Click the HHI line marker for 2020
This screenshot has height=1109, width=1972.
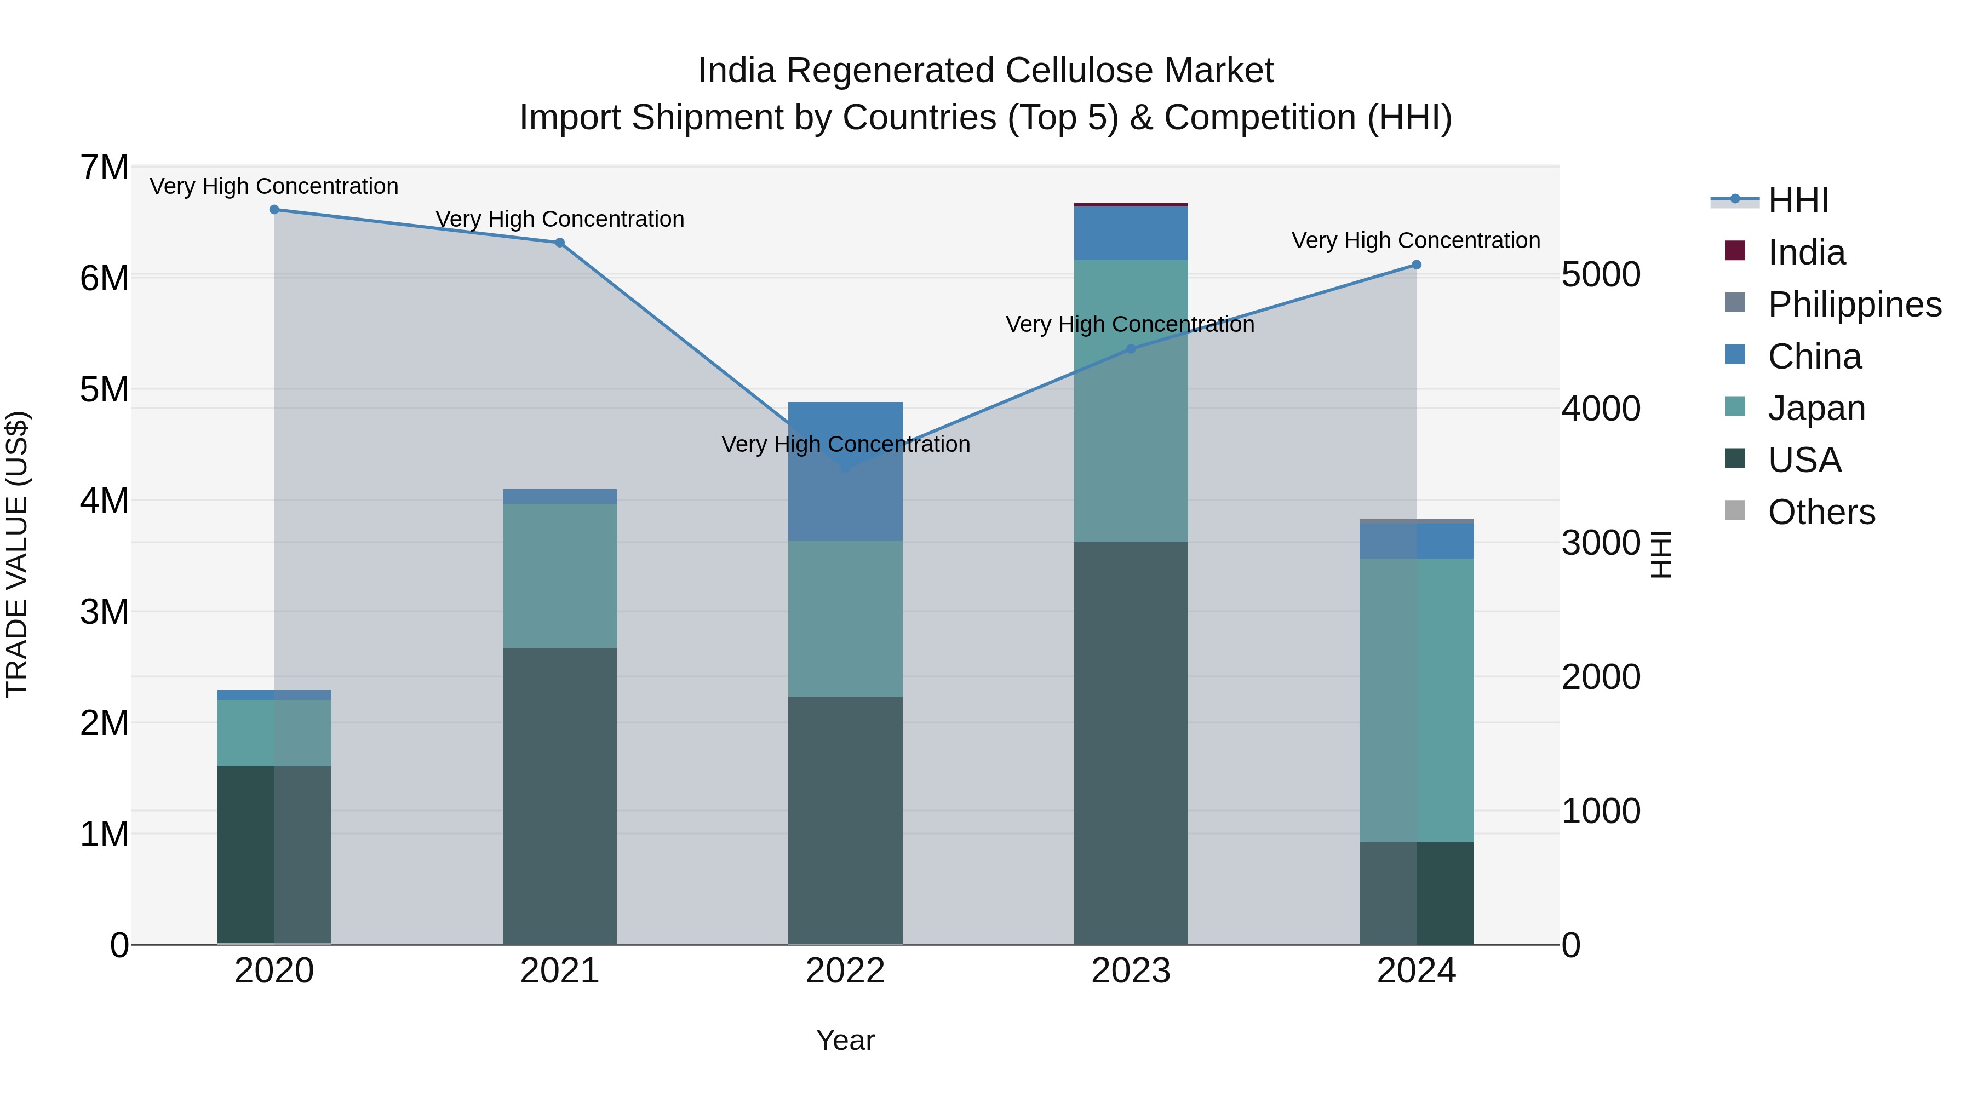click(x=274, y=210)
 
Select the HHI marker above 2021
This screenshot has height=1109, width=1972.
click(x=560, y=243)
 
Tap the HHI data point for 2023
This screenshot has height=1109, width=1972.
click(x=1131, y=349)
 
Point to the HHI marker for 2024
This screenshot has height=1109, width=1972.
click(x=1416, y=265)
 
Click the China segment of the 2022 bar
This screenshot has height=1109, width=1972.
click(x=845, y=472)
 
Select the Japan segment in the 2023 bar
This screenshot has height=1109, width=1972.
click(x=1131, y=401)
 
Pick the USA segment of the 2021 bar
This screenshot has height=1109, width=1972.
click(x=560, y=796)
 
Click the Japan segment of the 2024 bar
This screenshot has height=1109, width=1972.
click(x=1416, y=700)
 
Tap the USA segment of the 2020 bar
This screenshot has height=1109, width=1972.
click(x=274, y=855)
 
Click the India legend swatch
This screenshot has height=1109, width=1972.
click(x=1735, y=251)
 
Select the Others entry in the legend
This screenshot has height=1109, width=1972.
click(x=1821, y=512)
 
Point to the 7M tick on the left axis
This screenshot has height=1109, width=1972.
click(x=104, y=168)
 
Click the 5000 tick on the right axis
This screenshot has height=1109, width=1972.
click(x=1601, y=275)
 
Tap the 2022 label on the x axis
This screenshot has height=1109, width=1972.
click(x=845, y=971)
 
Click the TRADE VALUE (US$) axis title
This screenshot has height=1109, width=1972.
click(x=17, y=554)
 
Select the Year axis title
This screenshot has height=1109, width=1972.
click(x=845, y=1040)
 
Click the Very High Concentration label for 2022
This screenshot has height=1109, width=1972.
click(x=845, y=444)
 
